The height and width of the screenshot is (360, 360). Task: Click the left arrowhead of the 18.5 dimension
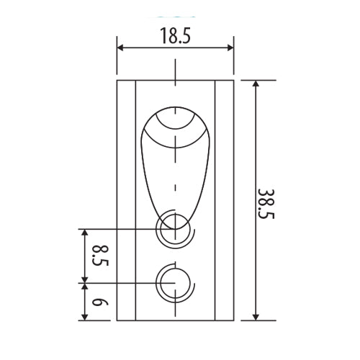(x=121, y=48)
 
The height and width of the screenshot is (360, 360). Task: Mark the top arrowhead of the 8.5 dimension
(x=85, y=233)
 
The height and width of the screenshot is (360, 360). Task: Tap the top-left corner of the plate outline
(x=117, y=80)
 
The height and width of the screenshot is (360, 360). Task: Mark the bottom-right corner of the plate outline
(x=233, y=320)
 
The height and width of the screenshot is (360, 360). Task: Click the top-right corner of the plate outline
(x=233, y=80)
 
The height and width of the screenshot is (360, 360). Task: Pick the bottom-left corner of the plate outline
(x=117, y=320)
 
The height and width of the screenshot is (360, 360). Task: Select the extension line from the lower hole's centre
(x=122, y=283)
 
